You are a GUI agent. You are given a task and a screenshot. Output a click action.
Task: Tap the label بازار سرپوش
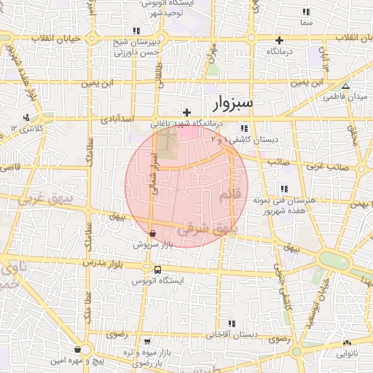click(152, 245)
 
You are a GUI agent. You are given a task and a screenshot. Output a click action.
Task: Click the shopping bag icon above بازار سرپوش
click(152, 234)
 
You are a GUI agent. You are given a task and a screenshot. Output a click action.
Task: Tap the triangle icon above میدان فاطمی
click(346, 85)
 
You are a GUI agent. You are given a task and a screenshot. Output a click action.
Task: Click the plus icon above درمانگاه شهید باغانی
click(188, 112)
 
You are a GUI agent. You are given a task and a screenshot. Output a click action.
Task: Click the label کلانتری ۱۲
click(28, 127)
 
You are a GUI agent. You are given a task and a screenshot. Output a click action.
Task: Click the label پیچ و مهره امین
click(77, 360)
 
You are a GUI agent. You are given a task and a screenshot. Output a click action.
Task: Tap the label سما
click(306, 23)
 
